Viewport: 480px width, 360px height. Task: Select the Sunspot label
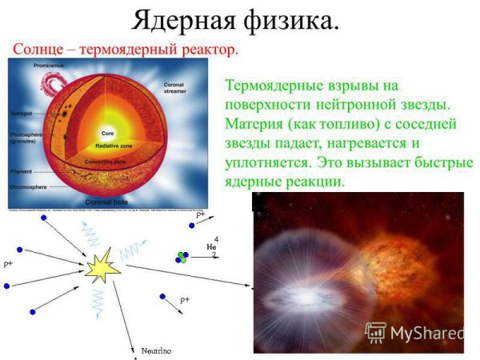[23, 114]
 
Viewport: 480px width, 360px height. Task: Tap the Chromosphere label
[29, 187]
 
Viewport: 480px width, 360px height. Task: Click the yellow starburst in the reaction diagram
[102, 266]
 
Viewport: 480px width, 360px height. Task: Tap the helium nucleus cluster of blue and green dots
[183, 257]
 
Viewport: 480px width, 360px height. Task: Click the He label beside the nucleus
[211, 247]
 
